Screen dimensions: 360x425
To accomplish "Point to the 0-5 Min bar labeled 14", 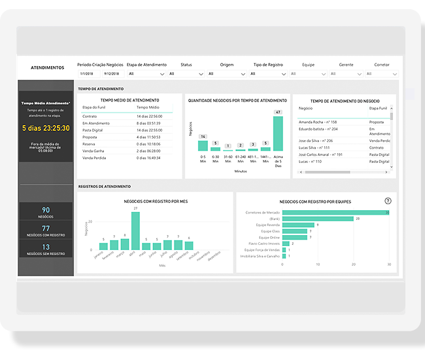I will [x=203, y=146].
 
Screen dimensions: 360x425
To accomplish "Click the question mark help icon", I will [x=388, y=201].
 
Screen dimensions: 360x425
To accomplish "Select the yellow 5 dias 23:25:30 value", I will [x=46, y=128].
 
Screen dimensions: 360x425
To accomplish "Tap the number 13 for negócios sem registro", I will [x=46, y=247].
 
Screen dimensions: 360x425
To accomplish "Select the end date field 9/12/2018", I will [x=109, y=73].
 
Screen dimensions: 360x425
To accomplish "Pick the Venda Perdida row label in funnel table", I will [x=94, y=158].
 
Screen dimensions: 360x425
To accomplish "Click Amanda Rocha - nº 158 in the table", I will [x=318, y=122].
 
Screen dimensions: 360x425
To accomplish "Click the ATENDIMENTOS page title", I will [x=47, y=67].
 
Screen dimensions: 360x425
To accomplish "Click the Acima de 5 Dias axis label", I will [x=278, y=160].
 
